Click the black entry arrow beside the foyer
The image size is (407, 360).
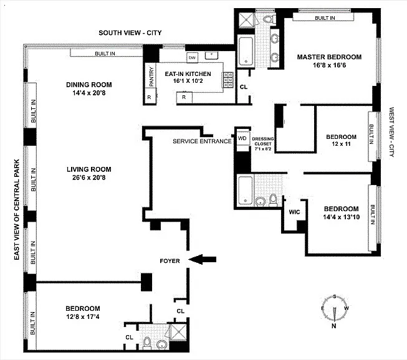202,259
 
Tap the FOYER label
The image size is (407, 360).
170,261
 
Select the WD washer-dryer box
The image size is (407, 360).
242,138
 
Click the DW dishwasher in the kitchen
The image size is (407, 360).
193,57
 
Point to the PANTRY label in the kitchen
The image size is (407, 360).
151,77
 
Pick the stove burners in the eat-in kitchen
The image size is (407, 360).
228,80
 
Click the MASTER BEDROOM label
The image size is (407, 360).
329,57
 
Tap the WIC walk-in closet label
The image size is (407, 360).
294,212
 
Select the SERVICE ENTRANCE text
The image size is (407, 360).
202,141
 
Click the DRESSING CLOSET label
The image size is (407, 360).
262,141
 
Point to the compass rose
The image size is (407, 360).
335,310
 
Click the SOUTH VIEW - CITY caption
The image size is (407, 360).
130,33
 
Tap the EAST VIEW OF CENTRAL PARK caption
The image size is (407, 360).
17,209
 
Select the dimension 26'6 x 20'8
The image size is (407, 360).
89,178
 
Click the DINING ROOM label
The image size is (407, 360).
89,85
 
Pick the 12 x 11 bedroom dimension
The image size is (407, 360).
341,144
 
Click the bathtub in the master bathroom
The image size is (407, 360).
246,52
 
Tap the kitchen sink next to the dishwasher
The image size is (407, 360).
211,55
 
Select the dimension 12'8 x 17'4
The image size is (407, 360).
82,316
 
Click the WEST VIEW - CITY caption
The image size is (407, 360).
391,132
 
